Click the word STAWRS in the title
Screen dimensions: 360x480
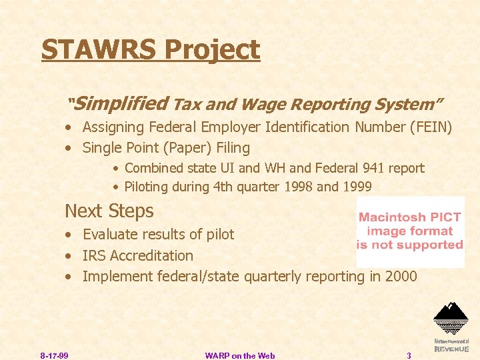point(99,50)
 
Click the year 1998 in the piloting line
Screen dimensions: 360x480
point(298,187)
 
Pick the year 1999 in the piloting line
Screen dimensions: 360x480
point(357,187)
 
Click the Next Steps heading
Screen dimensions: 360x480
point(109,211)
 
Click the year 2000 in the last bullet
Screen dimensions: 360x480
point(402,276)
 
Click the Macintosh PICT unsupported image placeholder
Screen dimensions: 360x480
point(410,231)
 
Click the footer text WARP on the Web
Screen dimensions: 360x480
point(240,355)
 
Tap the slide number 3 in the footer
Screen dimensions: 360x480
point(409,355)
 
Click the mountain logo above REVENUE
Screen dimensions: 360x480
point(451,317)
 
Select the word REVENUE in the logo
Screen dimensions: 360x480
point(451,349)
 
